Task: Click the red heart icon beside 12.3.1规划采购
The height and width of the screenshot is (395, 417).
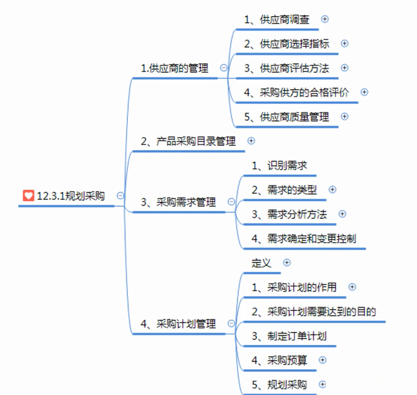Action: pyautogui.click(x=28, y=196)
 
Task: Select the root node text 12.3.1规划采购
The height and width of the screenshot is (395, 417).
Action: pyautogui.click(x=70, y=196)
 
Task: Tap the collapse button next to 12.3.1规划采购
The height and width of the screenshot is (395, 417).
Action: pyautogui.click(x=121, y=196)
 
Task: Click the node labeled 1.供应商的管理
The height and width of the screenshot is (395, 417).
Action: pyautogui.click(x=175, y=68)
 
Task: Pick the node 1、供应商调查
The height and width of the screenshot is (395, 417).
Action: pyautogui.click(x=277, y=19)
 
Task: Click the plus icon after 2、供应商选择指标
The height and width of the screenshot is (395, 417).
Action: pyautogui.click(x=344, y=44)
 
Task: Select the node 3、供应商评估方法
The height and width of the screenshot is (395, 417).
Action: pyautogui.click(x=286, y=68)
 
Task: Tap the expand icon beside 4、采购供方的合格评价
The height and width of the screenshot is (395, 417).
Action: pyautogui.click(x=364, y=92)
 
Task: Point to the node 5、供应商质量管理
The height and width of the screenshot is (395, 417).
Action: pyautogui.click(x=286, y=117)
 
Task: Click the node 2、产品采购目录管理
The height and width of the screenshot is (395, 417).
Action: pyautogui.click(x=188, y=141)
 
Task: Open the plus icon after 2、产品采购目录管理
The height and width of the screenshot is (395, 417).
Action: pyautogui.click(x=250, y=140)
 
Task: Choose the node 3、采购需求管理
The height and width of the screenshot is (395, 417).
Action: pyautogui.click(x=178, y=202)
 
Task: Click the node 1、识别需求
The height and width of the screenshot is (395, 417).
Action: pyautogui.click(x=279, y=166)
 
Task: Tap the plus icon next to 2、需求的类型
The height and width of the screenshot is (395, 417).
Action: pyautogui.click(x=332, y=190)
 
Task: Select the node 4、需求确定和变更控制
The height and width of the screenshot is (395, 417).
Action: pyautogui.click(x=304, y=239)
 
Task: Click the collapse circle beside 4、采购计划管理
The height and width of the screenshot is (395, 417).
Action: pyautogui.click(x=231, y=323)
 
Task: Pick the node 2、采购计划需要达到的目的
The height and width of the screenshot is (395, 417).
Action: pyautogui.click(x=314, y=312)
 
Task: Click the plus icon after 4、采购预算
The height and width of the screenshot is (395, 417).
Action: pyautogui.click(x=323, y=360)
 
